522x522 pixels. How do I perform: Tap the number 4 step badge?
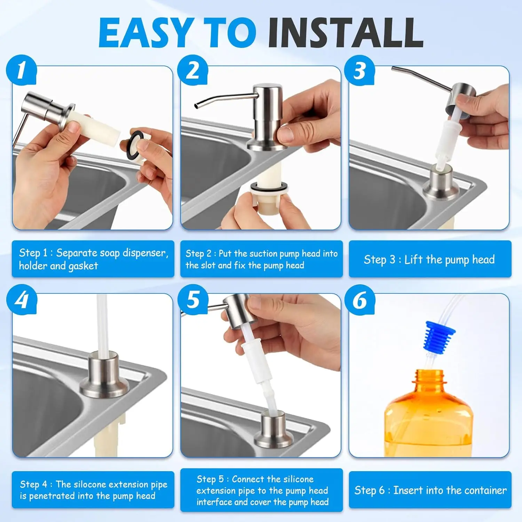click(x=21, y=299)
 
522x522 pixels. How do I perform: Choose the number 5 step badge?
click(x=192, y=299)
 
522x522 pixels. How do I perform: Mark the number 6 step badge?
click(x=359, y=299)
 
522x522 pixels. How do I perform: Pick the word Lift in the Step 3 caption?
click(x=414, y=260)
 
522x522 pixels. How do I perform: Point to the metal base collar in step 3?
click(x=441, y=184)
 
